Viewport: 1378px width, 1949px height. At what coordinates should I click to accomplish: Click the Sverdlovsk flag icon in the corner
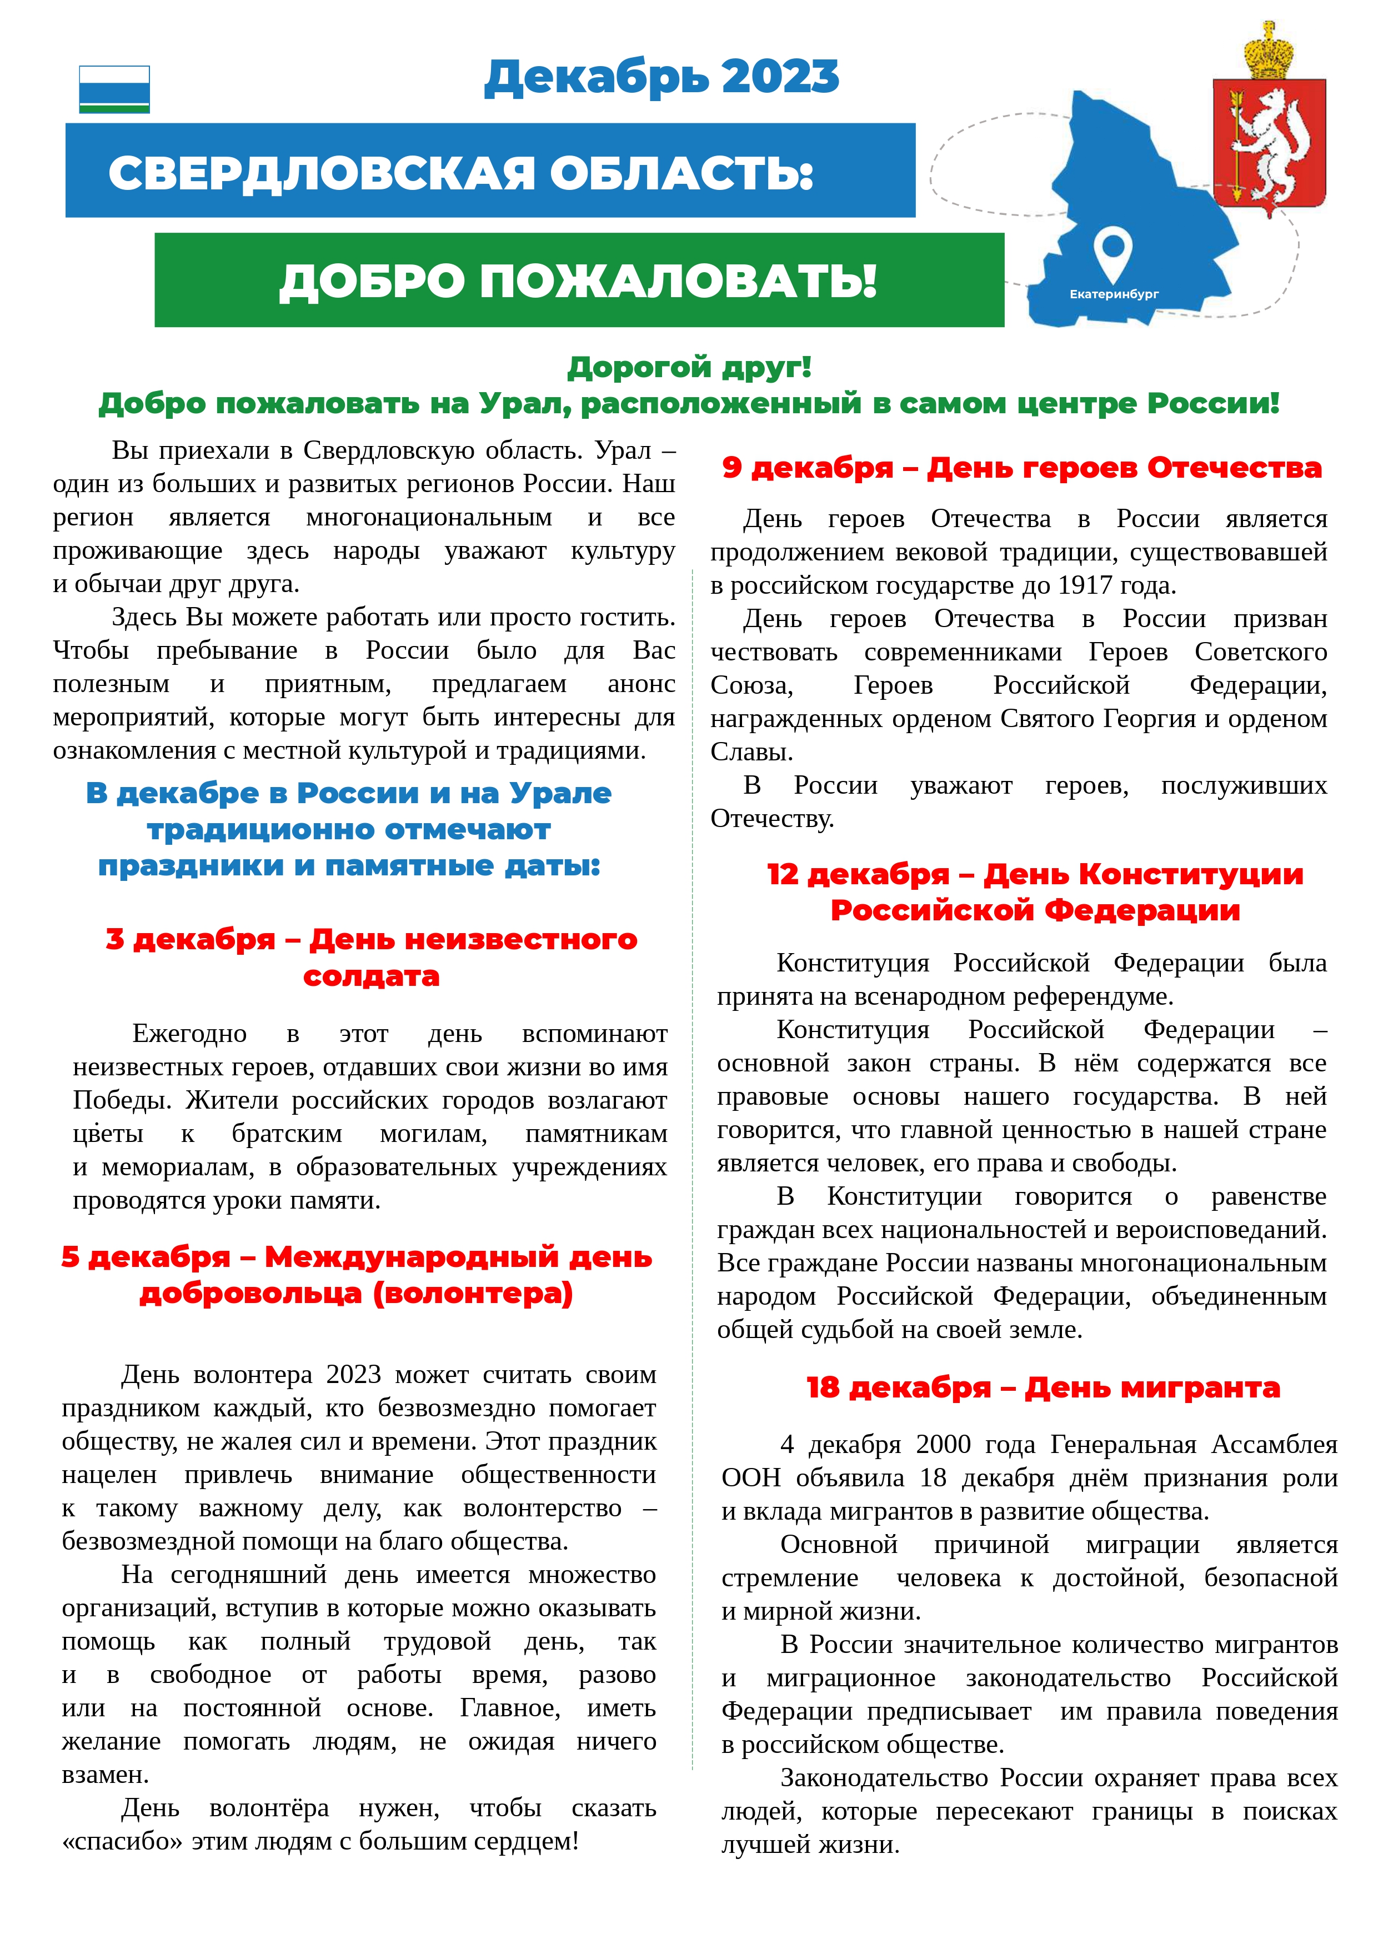pyautogui.click(x=114, y=89)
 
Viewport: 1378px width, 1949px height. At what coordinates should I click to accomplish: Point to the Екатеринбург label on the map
pyautogui.click(x=1113, y=294)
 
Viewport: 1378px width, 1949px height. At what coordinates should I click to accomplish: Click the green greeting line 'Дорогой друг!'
pyautogui.click(x=689, y=368)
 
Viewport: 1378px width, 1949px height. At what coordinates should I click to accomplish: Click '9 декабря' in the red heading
pyautogui.click(x=806, y=468)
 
